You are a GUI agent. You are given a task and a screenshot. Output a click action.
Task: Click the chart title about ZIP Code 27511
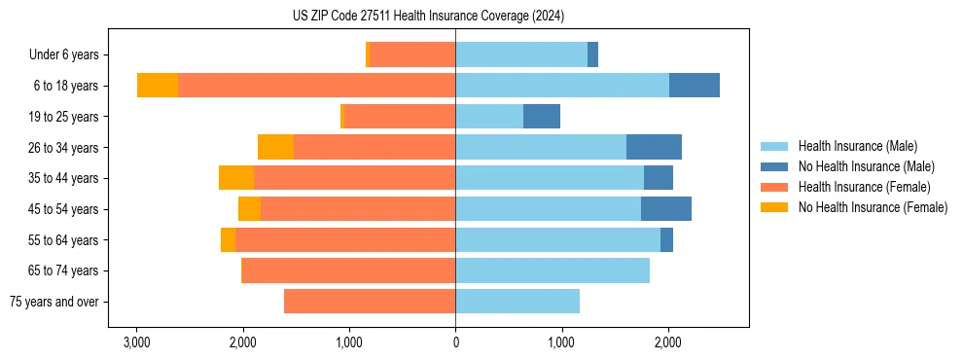[x=428, y=17]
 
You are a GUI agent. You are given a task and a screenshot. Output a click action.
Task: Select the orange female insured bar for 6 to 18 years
[x=316, y=86]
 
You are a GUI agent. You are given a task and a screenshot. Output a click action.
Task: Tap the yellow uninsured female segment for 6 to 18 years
[x=158, y=86]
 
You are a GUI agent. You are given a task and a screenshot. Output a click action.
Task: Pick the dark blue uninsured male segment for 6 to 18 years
[x=694, y=86]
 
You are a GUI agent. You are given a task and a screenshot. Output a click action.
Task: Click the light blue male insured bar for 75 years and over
[x=517, y=302]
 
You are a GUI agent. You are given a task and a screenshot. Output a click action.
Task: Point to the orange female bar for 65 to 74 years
[x=348, y=270]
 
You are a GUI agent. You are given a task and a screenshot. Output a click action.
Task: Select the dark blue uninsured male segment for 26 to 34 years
[x=654, y=147]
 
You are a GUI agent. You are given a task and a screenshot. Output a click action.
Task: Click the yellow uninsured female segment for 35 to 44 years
[x=236, y=178]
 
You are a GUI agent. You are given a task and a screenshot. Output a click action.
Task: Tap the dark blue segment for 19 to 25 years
[x=542, y=117]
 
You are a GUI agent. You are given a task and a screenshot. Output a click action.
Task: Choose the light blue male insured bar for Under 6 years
[x=521, y=54]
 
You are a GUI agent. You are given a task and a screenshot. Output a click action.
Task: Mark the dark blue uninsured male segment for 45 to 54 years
[x=666, y=209]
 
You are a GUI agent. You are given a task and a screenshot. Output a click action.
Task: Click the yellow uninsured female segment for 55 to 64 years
[x=228, y=239]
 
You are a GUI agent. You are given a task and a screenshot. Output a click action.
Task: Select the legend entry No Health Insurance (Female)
[x=873, y=207]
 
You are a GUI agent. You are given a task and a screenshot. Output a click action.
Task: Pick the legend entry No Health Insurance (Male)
[x=866, y=166]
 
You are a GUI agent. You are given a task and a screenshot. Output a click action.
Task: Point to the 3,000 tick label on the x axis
[x=137, y=343]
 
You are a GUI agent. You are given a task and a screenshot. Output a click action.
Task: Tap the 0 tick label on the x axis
[x=455, y=343]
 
